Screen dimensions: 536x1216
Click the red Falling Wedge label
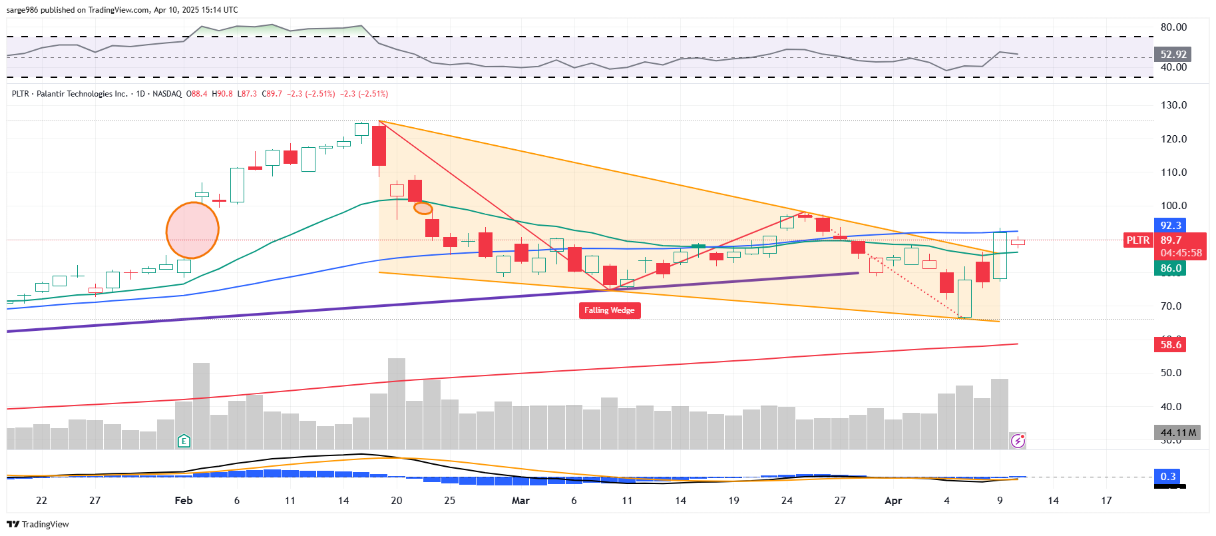coord(609,310)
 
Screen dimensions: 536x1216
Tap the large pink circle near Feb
coord(192,230)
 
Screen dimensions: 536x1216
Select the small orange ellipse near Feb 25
coord(423,208)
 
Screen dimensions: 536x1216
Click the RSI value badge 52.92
coord(1173,54)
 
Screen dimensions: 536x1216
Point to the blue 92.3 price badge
coord(1170,226)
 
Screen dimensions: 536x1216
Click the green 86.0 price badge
coord(1170,268)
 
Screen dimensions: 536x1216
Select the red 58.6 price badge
coord(1170,344)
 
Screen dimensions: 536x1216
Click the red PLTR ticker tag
coord(1137,240)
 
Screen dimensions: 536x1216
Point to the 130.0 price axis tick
coord(1173,105)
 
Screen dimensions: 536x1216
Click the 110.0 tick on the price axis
coord(1173,172)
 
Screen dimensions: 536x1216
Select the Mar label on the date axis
coord(520,501)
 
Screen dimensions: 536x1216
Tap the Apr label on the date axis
coord(893,501)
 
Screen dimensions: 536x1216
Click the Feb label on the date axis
coord(184,501)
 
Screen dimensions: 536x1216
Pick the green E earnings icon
coord(184,441)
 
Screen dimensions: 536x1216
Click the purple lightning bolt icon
coord(1018,441)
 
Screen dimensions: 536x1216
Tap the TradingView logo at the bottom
coord(38,525)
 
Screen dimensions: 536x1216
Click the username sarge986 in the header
coord(22,10)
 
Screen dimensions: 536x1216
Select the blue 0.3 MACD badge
coord(1168,476)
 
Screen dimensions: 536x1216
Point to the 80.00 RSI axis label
coord(1173,27)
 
